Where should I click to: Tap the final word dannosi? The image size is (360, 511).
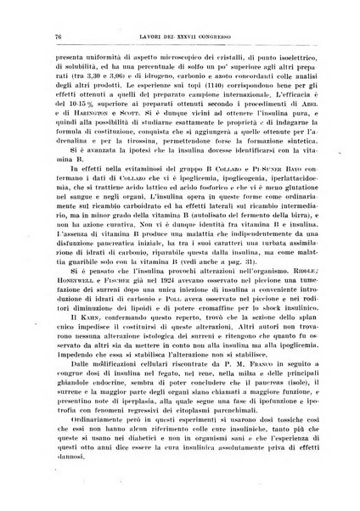(x=70, y=494)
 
